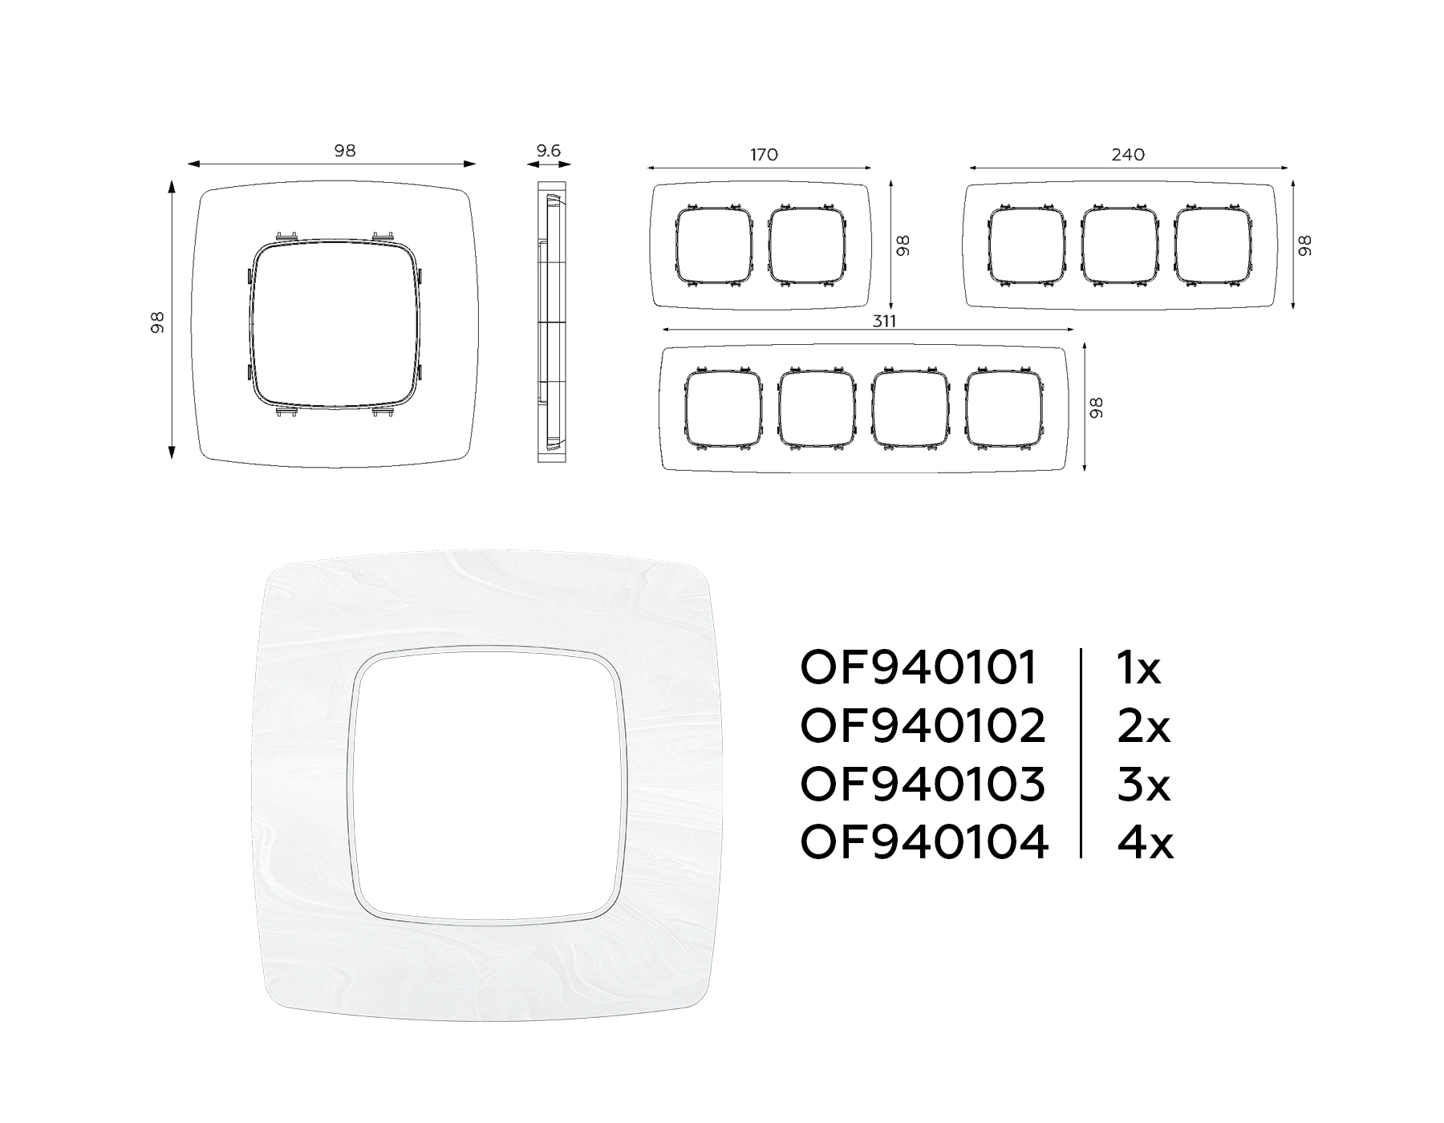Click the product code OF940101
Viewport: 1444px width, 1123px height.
(x=919, y=668)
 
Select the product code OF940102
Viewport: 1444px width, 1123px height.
(x=923, y=726)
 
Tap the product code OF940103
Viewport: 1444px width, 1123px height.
(x=923, y=784)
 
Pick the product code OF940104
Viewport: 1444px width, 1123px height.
(x=924, y=842)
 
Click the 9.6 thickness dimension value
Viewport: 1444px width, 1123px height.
(x=549, y=150)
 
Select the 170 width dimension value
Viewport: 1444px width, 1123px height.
(x=764, y=155)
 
